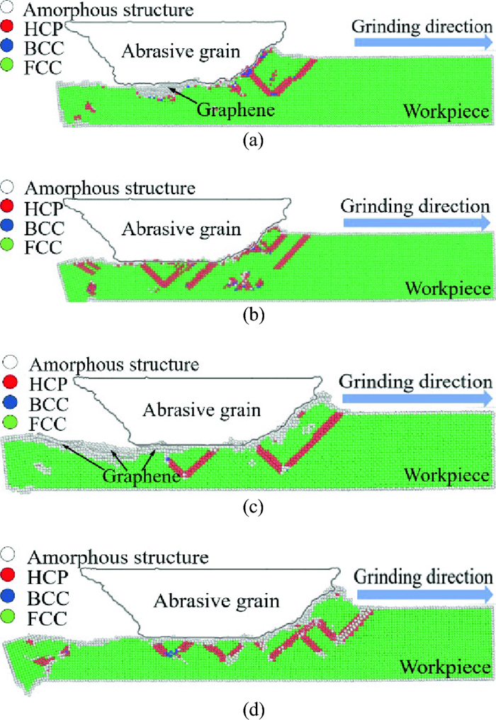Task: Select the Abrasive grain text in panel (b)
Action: (180, 230)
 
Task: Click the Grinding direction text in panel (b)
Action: (415, 206)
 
